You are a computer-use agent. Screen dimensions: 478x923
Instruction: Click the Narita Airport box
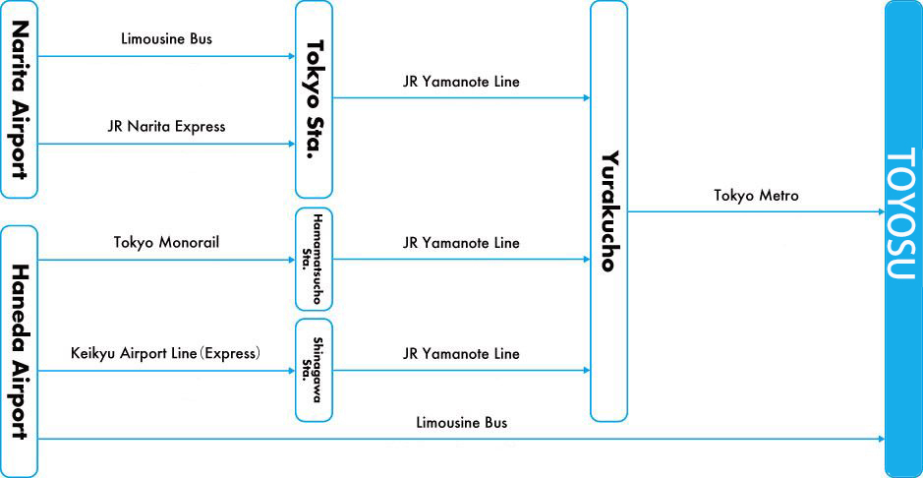[x=19, y=98]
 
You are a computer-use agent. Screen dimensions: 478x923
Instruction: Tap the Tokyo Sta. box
[x=314, y=98]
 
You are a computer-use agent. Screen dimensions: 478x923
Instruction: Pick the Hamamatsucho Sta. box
[x=314, y=259]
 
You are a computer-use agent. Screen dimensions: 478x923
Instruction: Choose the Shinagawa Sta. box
[x=314, y=370]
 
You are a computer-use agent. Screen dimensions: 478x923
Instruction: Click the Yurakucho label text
[x=609, y=210]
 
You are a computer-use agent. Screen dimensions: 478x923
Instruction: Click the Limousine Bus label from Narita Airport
[x=165, y=39]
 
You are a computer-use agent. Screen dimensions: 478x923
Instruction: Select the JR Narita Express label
[x=166, y=126]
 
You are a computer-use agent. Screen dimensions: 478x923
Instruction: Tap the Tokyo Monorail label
[x=165, y=242]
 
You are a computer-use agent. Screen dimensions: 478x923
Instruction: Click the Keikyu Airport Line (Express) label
[x=165, y=353]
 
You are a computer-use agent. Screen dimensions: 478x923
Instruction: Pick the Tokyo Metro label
[x=756, y=196]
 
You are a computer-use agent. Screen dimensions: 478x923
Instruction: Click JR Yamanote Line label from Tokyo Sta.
[x=461, y=82]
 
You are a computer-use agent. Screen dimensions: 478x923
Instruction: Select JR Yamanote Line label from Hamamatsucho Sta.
[x=461, y=242]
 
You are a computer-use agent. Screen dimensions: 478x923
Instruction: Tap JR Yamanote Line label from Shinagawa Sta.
[x=461, y=353]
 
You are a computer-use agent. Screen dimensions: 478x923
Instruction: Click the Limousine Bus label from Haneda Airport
[x=461, y=422]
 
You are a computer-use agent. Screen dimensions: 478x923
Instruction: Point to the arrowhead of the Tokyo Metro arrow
[x=880, y=211]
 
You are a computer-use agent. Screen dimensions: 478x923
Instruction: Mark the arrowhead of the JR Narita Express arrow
[x=290, y=144]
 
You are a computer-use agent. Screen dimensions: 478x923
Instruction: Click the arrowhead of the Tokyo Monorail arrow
[x=290, y=260]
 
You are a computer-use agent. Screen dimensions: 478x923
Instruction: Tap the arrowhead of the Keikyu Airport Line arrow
[x=290, y=371]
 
